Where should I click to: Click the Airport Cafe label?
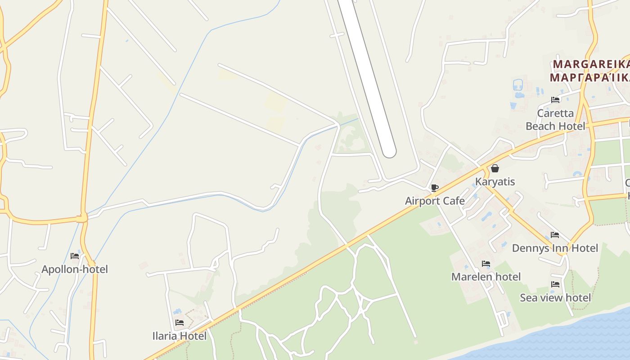(x=435, y=201)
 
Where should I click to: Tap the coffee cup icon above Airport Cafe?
(x=434, y=188)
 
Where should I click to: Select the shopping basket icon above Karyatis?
(x=495, y=169)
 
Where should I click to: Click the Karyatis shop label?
(x=495, y=182)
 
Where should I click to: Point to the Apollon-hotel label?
(x=75, y=269)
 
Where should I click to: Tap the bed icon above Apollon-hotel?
(x=75, y=256)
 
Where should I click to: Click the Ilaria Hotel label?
(x=180, y=336)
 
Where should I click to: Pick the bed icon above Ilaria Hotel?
(x=180, y=323)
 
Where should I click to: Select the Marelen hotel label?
(x=486, y=276)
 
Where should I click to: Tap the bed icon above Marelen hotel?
(x=486, y=264)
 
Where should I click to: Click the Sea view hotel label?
(x=555, y=297)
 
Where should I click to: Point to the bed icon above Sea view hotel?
(x=555, y=284)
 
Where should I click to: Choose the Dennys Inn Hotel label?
(x=555, y=248)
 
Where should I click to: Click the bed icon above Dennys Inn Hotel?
(x=555, y=235)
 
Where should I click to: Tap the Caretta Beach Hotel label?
(x=555, y=119)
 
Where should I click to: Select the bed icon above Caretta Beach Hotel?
(x=555, y=100)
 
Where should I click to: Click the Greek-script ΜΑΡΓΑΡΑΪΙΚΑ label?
(x=589, y=77)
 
